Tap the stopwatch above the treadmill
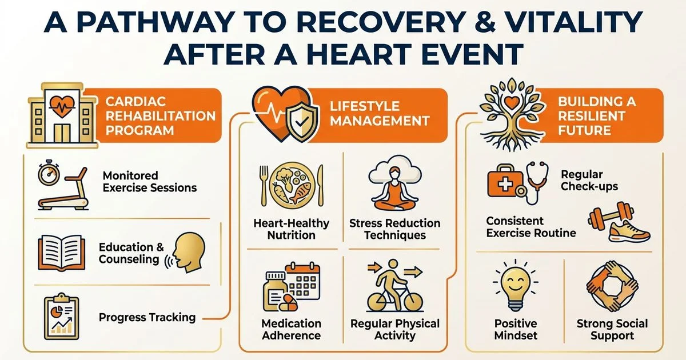coord(49,173)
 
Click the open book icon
coord(62,253)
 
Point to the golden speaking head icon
coord(186,253)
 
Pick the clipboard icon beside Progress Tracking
coord(62,317)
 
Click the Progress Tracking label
coord(147,318)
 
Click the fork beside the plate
coord(264,186)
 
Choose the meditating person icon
coord(394,189)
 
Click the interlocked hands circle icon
coord(612,286)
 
